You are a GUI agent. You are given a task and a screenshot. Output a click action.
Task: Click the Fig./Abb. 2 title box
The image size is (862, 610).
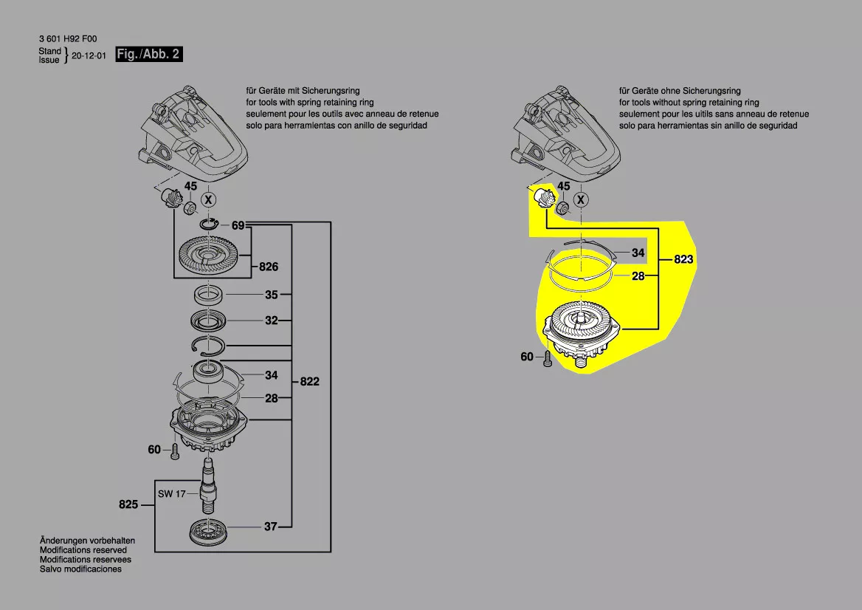coord(148,55)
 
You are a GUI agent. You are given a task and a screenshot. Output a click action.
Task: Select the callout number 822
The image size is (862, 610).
coord(310,382)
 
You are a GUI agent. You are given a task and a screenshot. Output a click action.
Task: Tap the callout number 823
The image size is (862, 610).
coord(684,260)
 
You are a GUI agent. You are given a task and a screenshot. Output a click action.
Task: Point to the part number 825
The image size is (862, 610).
coord(128,505)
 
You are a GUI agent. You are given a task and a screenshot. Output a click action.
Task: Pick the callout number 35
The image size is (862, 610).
coord(271,295)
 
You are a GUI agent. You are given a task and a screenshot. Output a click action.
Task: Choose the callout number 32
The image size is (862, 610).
coord(271,321)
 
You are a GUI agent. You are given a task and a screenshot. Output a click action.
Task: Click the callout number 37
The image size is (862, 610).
coord(271,527)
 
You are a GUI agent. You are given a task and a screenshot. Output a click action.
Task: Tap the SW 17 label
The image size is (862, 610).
coord(171,493)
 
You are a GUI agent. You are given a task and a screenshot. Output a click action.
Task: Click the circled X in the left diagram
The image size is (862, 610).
coord(210,199)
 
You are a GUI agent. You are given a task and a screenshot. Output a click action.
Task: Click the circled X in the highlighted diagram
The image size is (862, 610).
coord(582,199)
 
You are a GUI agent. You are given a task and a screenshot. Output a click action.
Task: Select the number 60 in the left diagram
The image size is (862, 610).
coord(154,449)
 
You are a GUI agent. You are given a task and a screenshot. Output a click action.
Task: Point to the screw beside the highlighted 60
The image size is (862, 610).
coord(548,360)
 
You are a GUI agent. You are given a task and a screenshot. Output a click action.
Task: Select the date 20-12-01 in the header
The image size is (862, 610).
coord(89,55)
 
